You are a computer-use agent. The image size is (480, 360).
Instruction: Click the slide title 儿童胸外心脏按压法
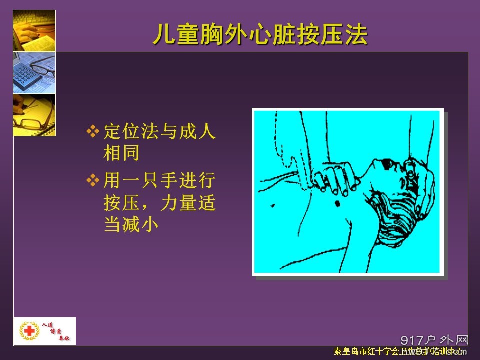click(x=260, y=35)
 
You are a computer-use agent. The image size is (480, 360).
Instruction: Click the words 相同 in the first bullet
click(x=121, y=153)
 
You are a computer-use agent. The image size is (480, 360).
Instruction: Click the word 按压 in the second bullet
click(x=121, y=202)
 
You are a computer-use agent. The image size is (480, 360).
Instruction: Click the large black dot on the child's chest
click(x=336, y=203)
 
